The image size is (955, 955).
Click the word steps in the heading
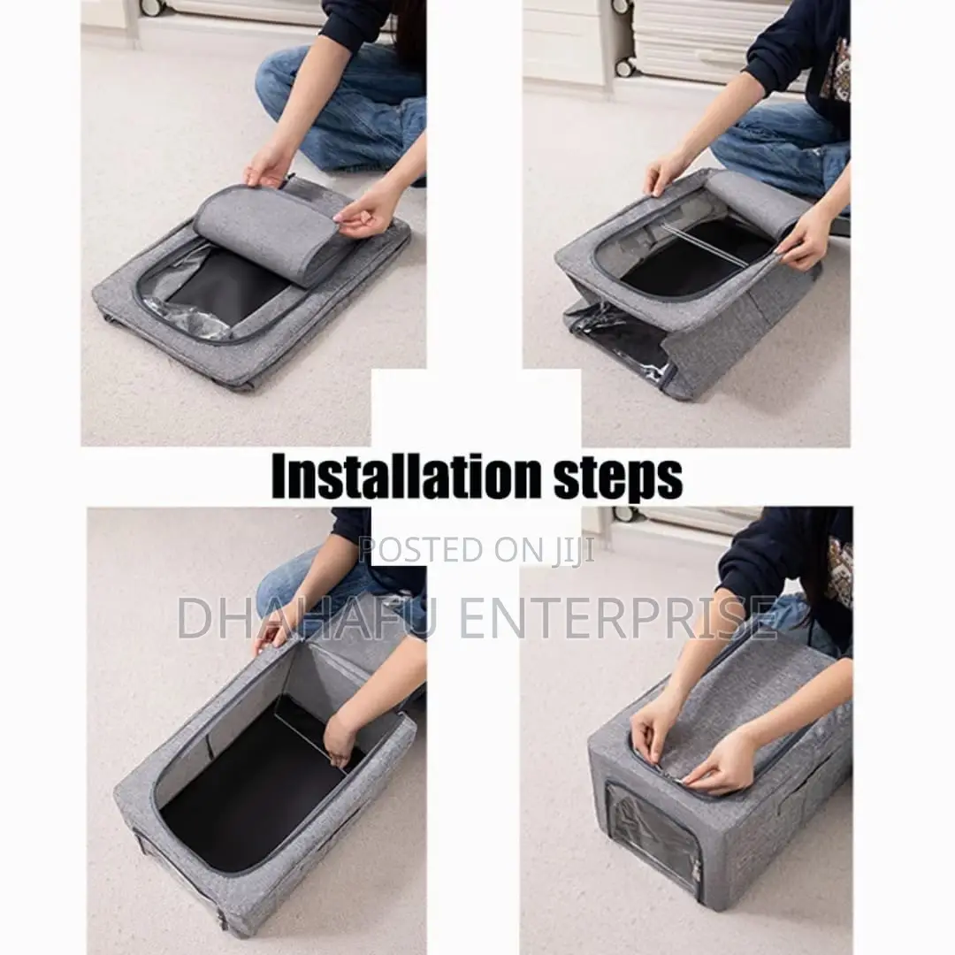[617, 478]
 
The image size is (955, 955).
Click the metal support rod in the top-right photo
[704, 244]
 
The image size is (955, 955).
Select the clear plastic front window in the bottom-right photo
[653, 837]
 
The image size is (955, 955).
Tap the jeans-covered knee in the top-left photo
[280, 80]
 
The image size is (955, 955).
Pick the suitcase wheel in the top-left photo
[153, 7]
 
